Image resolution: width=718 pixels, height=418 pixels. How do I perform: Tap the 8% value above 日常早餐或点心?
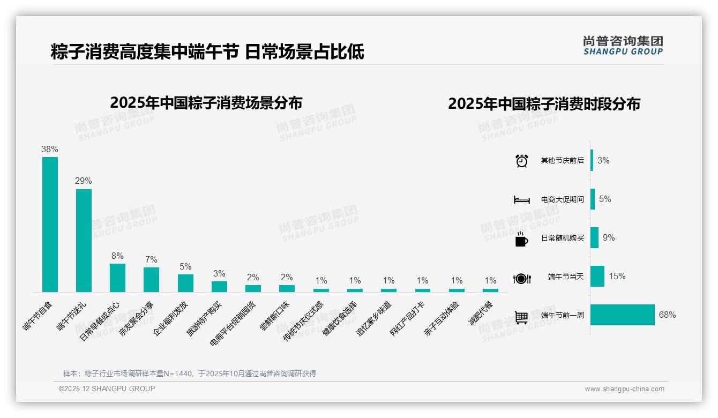tap(117, 256)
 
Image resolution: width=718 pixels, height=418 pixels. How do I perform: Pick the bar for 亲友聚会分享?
tap(151, 279)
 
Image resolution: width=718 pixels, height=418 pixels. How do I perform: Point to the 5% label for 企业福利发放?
tap(185, 267)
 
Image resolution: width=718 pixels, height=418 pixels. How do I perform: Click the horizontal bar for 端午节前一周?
tap(622, 315)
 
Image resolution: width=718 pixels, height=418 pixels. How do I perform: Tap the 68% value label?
tap(667, 315)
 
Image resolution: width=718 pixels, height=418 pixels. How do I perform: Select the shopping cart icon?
tap(521, 317)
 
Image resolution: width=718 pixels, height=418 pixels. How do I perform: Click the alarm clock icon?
tap(522, 161)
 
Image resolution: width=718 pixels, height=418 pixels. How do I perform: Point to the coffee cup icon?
tap(521, 239)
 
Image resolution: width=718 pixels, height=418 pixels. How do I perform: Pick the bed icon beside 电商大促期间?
tap(521, 200)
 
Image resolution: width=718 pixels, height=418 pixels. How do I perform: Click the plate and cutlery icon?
tap(521, 279)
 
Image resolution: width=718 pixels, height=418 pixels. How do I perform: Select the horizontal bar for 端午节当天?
tap(597, 277)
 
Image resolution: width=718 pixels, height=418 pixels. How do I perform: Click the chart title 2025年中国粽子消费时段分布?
tap(544, 104)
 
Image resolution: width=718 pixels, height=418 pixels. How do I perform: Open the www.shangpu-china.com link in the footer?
tap(624, 389)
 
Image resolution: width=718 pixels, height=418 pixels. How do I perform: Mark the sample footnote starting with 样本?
tap(190, 374)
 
